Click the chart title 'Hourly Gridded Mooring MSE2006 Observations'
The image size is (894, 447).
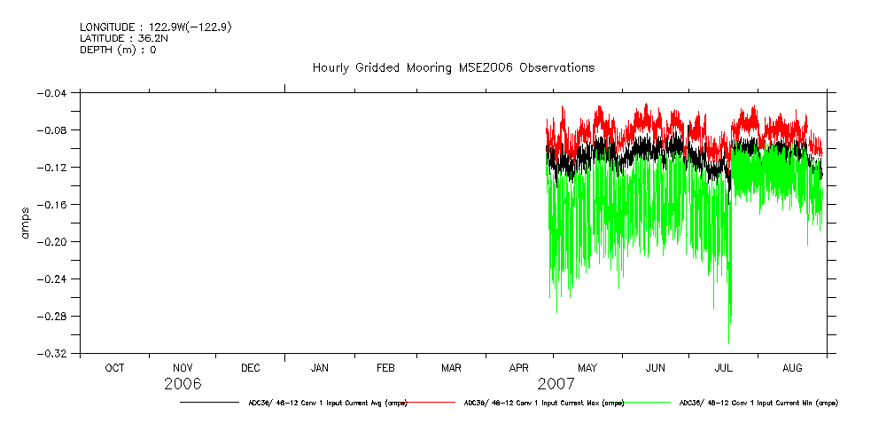[453, 68]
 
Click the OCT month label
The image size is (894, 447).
[115, 368]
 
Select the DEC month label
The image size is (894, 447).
[251, 368]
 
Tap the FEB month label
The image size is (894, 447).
[386, 368]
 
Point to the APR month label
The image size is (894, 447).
[519, 368]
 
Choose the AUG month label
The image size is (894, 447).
[792, 368]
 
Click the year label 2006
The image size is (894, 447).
[183, 385]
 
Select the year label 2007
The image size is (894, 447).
[555, 385]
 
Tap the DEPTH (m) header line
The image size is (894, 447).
[118, 50]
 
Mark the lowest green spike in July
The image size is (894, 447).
[728, 342]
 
